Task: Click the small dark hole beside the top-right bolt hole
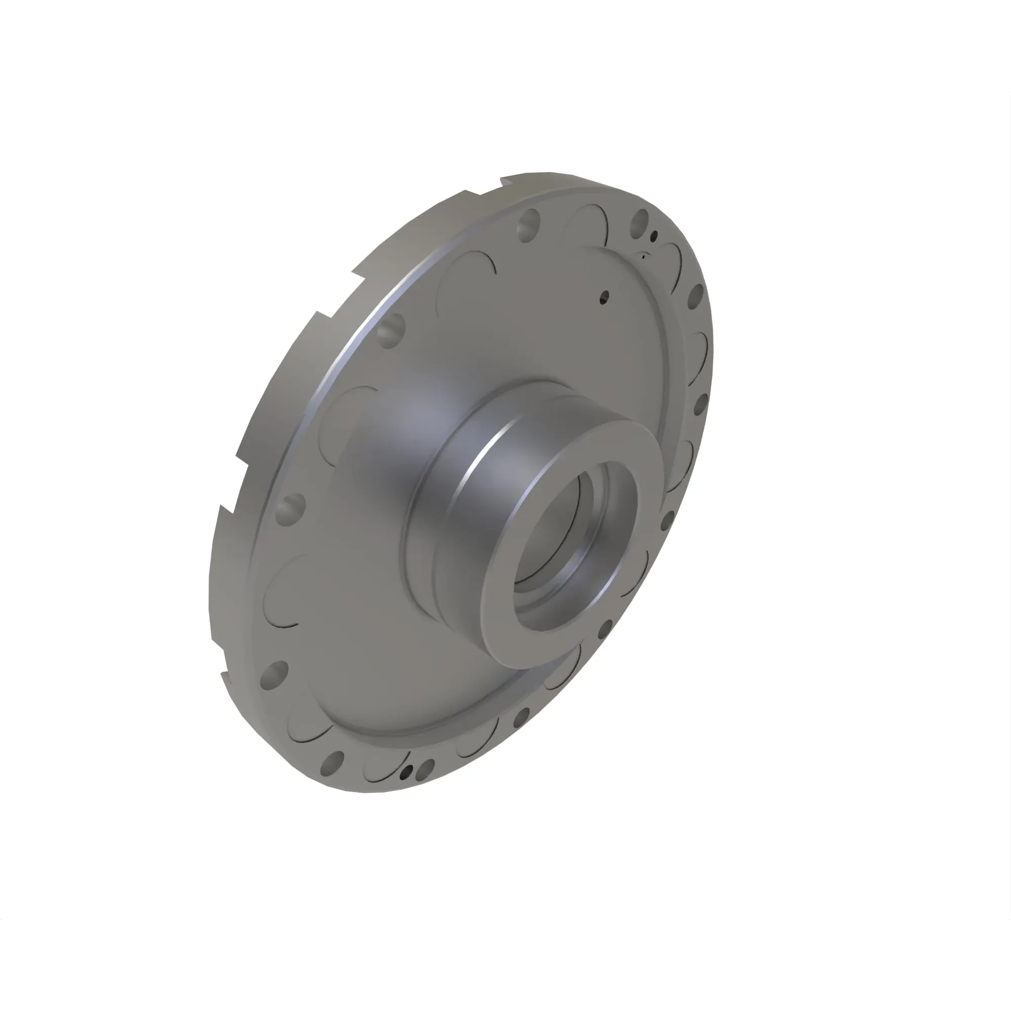(x=653, y=237)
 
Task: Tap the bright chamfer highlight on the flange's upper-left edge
(x=361, y=335)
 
